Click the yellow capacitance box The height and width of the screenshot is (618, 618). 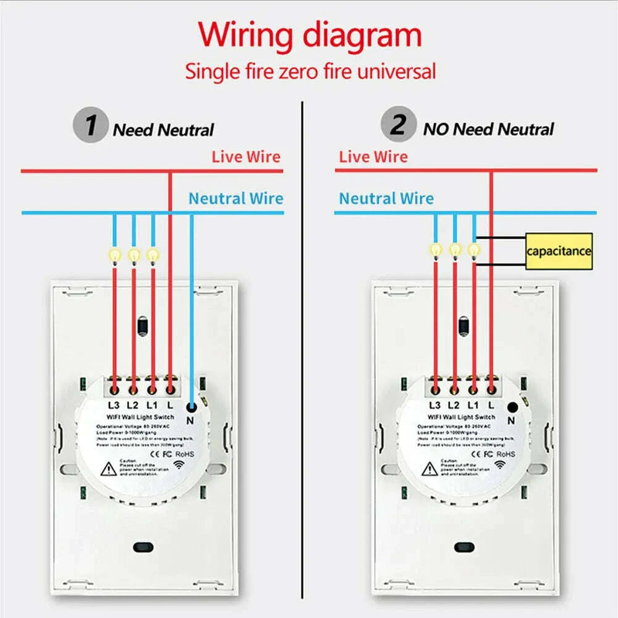coord(559,251)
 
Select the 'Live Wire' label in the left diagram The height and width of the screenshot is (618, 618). coord(246,156)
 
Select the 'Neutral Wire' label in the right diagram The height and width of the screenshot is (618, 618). coord(386,198)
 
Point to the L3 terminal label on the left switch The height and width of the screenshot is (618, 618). coord(113,406)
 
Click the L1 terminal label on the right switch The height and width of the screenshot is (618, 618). coord(473,406)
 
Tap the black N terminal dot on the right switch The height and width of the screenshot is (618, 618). coord(512,407)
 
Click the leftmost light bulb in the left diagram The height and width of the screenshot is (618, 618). coord(114,254)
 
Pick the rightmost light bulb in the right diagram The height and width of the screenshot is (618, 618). coord(473,250)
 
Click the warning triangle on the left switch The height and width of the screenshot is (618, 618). coord(109,469)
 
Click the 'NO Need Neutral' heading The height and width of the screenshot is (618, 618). coord(488,129)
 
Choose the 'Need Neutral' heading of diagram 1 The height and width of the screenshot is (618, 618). coord(163,130)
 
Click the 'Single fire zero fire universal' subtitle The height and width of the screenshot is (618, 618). coord(310,70)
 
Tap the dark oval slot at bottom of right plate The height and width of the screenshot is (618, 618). coord(462,547)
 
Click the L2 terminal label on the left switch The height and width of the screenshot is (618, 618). coord(132,406)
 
